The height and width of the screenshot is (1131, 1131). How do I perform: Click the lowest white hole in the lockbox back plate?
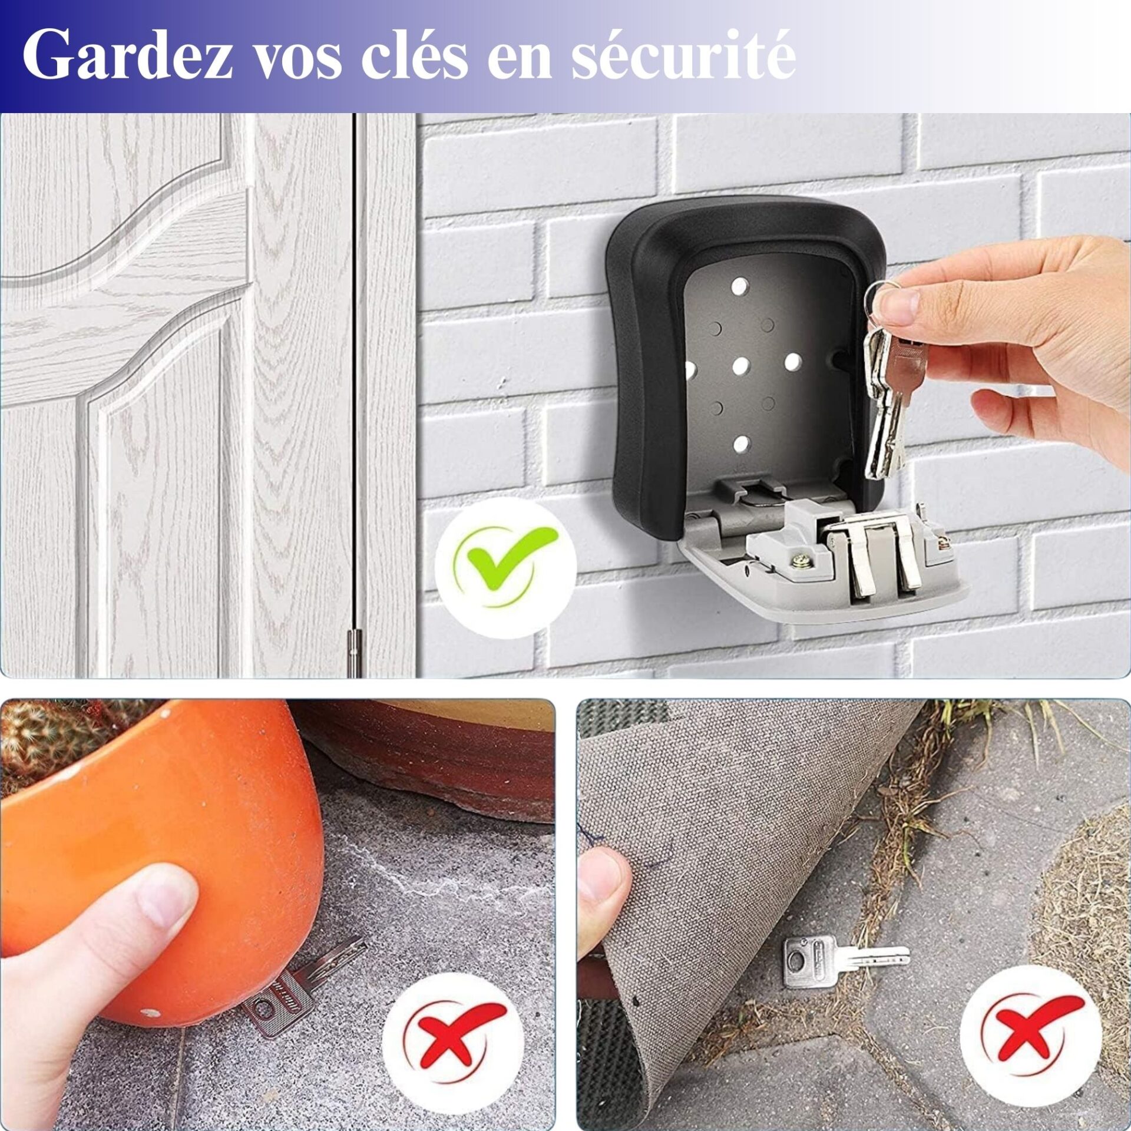coord(741,444)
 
